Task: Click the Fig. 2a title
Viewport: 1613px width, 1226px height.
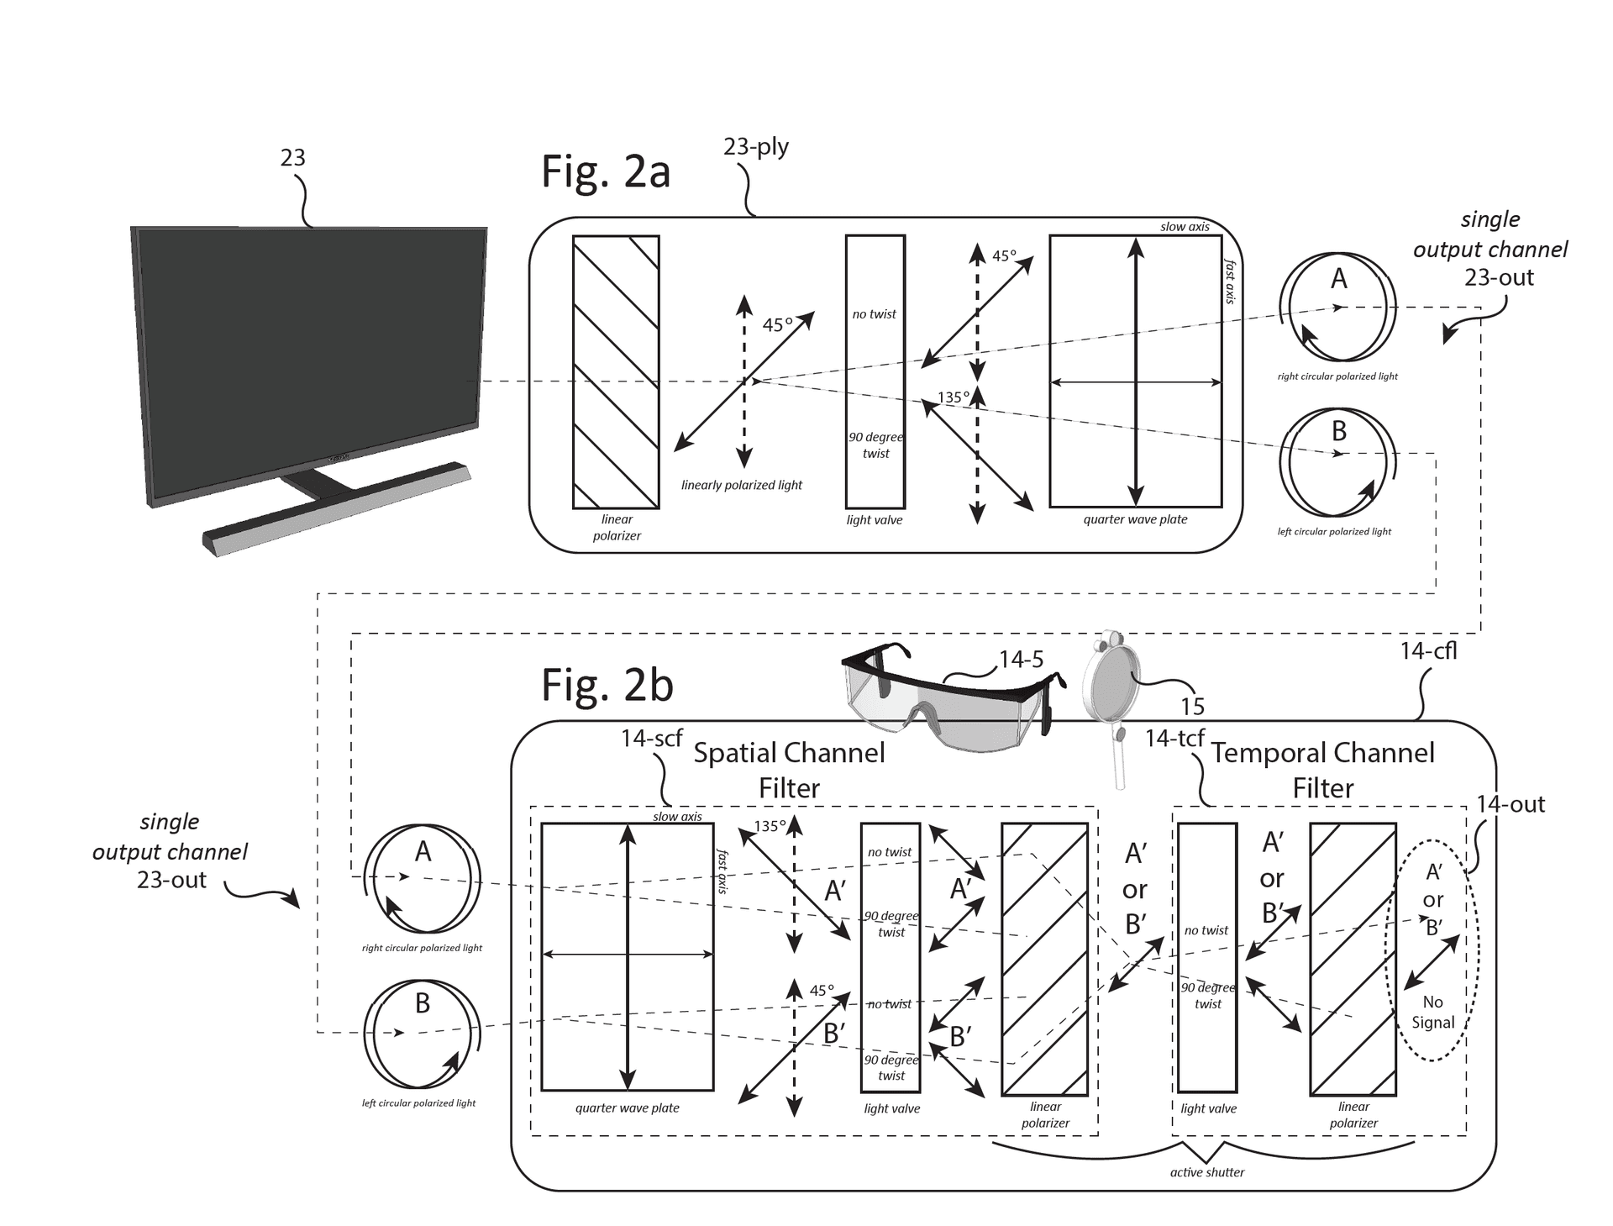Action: coord(605,171)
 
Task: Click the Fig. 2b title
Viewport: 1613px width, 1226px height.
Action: coord(607,685)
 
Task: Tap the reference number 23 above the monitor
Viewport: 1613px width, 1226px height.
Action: coord(292,158)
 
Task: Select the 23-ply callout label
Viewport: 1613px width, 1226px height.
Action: coord(755,147)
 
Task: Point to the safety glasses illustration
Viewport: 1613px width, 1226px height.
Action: coord(949,702)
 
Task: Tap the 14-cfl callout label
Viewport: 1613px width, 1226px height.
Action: coord(1427,651)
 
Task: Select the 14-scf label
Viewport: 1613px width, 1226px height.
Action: coord(651,739)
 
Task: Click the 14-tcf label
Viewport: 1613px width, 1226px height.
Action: coord(1174,739)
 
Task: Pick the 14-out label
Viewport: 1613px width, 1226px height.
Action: coord(1511,805)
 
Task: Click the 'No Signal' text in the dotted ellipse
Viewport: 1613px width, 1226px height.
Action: coord(1432,1013)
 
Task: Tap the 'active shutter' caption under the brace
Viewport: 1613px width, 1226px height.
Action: coord(1206,1172)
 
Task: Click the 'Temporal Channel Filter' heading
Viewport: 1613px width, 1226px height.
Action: coord(1322,770)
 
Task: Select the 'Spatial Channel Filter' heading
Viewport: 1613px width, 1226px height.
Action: coord(789,770)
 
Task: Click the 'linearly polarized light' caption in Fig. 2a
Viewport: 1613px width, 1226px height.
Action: coord(741,485)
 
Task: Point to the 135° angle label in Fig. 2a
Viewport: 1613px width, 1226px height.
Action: coord(953,397)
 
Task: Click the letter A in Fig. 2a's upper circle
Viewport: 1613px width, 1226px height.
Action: coord(1338,279)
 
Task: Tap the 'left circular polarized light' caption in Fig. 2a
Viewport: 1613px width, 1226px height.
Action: coord(1334,531)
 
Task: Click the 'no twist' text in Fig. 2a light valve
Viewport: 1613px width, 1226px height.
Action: coord(874,314)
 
